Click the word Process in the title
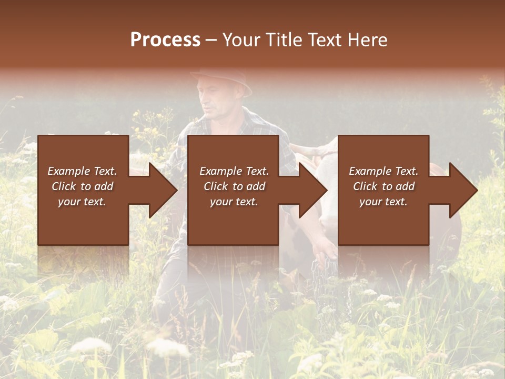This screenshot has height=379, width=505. (165, 40)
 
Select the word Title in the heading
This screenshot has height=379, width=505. (281, 40)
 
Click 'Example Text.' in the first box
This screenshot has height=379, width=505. (82, 171)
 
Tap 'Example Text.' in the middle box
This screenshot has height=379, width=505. (234, 171)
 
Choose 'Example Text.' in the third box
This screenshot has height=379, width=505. (383, 171)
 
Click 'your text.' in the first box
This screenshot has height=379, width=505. (82, 202)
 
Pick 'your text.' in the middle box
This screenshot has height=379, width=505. (234, 202)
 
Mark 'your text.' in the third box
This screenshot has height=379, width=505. (383, 202)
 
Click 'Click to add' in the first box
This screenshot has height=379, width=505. (82, 186)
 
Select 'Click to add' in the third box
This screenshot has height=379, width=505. (383, 186)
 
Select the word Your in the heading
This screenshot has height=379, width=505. (242, 40)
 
